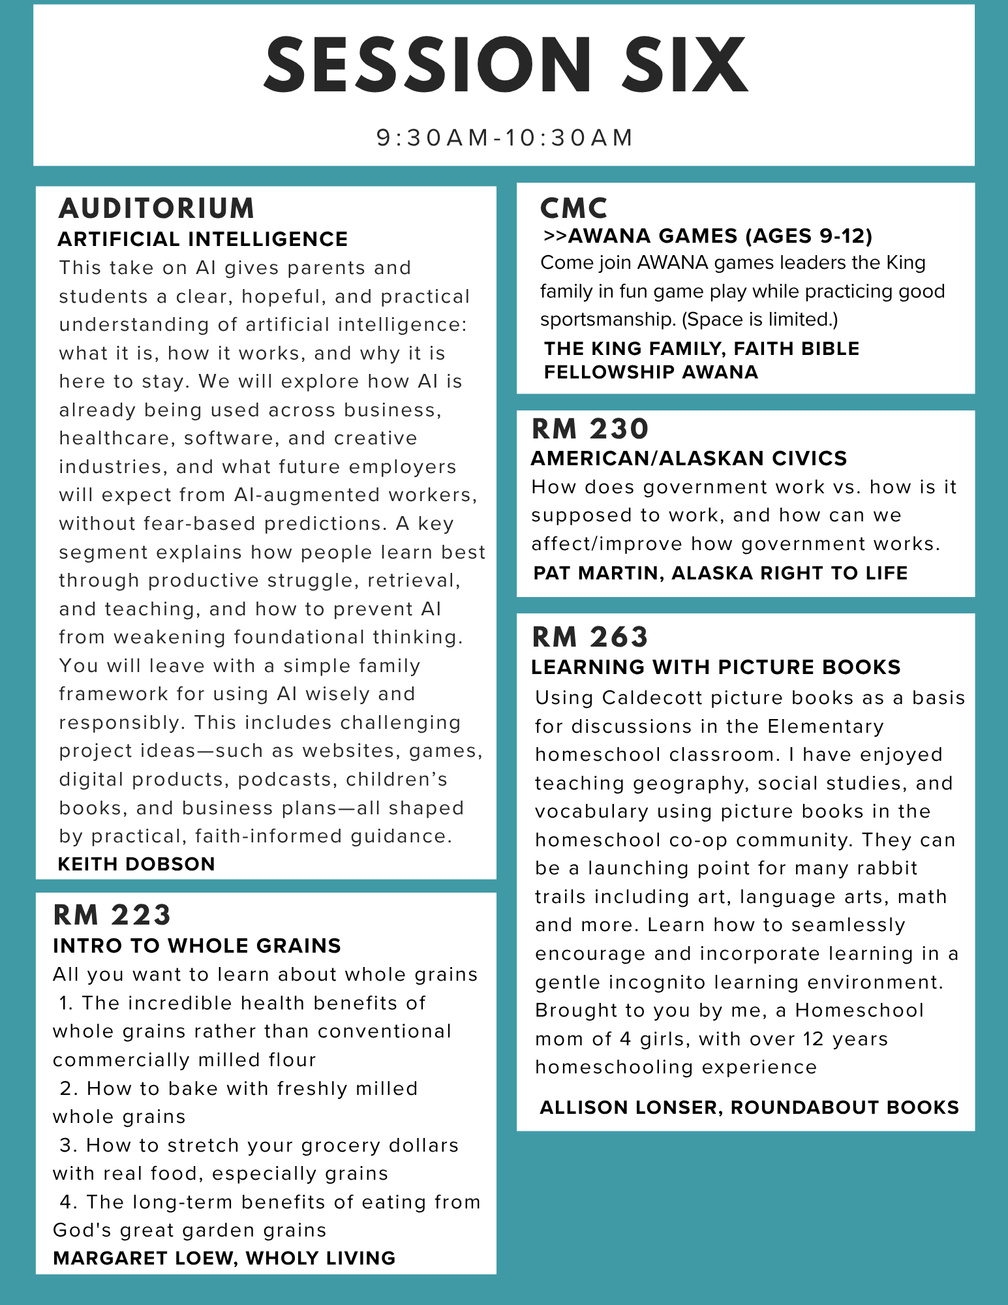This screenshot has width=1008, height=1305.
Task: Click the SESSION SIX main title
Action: coord(505,65)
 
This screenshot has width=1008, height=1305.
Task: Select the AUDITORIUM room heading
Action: coord(157,208)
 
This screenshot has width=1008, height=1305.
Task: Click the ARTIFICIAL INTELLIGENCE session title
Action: coord(203,239)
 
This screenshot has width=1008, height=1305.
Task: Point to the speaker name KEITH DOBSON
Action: coord(136,864)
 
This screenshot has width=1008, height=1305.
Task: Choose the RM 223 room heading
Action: coord(112,915)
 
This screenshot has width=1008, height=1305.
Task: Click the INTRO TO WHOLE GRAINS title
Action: coord(197,945)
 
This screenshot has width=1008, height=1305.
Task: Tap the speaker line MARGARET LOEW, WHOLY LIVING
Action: coord(224,1258)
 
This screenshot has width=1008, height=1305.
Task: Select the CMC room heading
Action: coord(573,208)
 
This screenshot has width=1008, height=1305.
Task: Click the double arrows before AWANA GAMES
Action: coord(555,236)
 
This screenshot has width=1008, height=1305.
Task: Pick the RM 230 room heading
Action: coord(590,429)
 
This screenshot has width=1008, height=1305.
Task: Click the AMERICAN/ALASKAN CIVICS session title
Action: coord(689,458)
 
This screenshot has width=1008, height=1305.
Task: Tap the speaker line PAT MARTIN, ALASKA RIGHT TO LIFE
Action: coord(720,573)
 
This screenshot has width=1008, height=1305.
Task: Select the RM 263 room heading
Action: coord(590,637)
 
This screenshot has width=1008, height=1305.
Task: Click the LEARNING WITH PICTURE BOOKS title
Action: coord(716,667)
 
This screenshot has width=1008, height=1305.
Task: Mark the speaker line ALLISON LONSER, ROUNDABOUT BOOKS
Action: coord(749,1107)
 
